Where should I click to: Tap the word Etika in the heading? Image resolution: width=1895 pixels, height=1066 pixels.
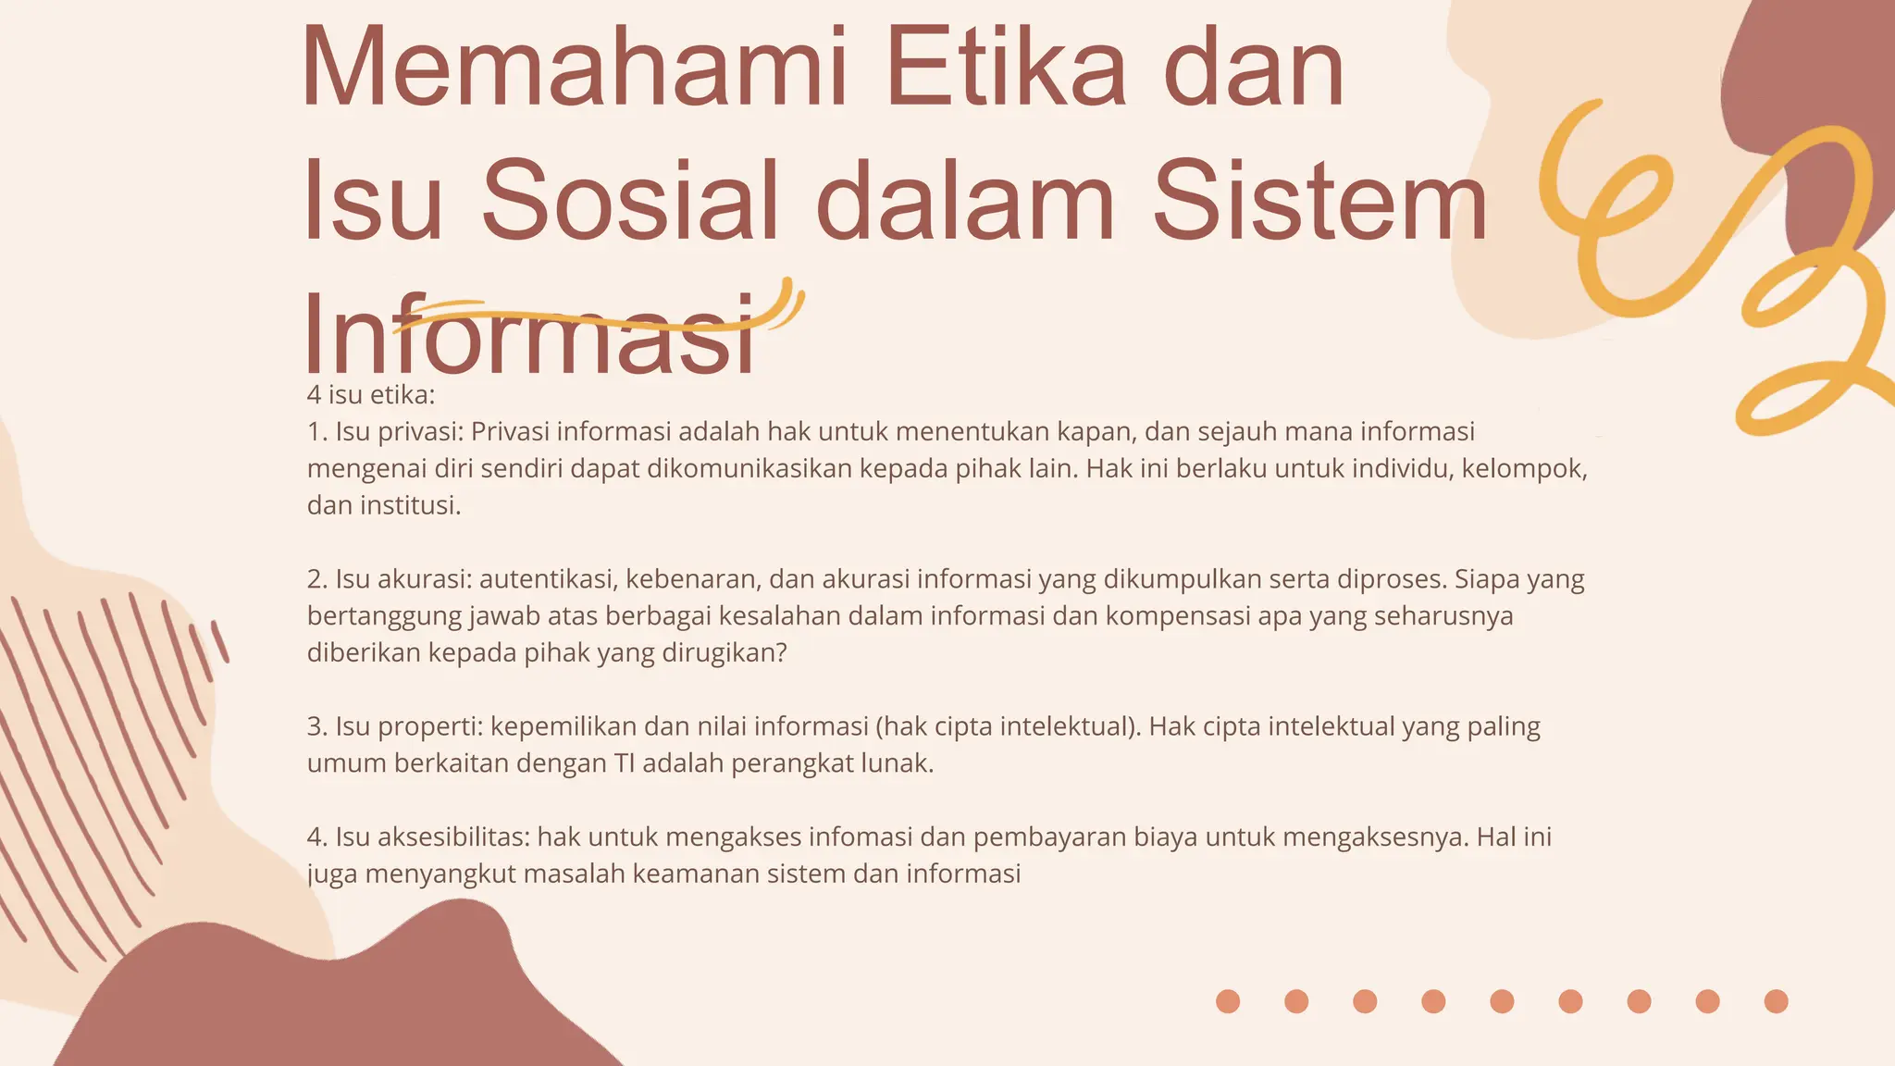click(x=1006, y=69)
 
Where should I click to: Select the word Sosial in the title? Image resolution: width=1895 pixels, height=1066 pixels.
click(x=629, y=202)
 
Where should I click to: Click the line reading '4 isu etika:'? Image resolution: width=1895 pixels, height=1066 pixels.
click(x=370, y=395)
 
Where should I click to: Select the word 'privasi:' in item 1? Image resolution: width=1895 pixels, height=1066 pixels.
click(x=421, y=432)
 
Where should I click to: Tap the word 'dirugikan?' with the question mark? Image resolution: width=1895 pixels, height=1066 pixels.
click(x=725, y=653)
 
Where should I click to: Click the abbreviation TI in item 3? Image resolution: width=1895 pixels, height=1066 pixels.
click(x=624, y=763)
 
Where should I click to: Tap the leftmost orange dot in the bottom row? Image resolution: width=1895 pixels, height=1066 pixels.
click(x=1228, y=1001)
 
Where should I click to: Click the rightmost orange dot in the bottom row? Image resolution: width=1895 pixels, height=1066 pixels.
click(x=1776, y=1001)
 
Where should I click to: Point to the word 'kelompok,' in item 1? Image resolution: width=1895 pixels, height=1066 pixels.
click(x=1524, y=469)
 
